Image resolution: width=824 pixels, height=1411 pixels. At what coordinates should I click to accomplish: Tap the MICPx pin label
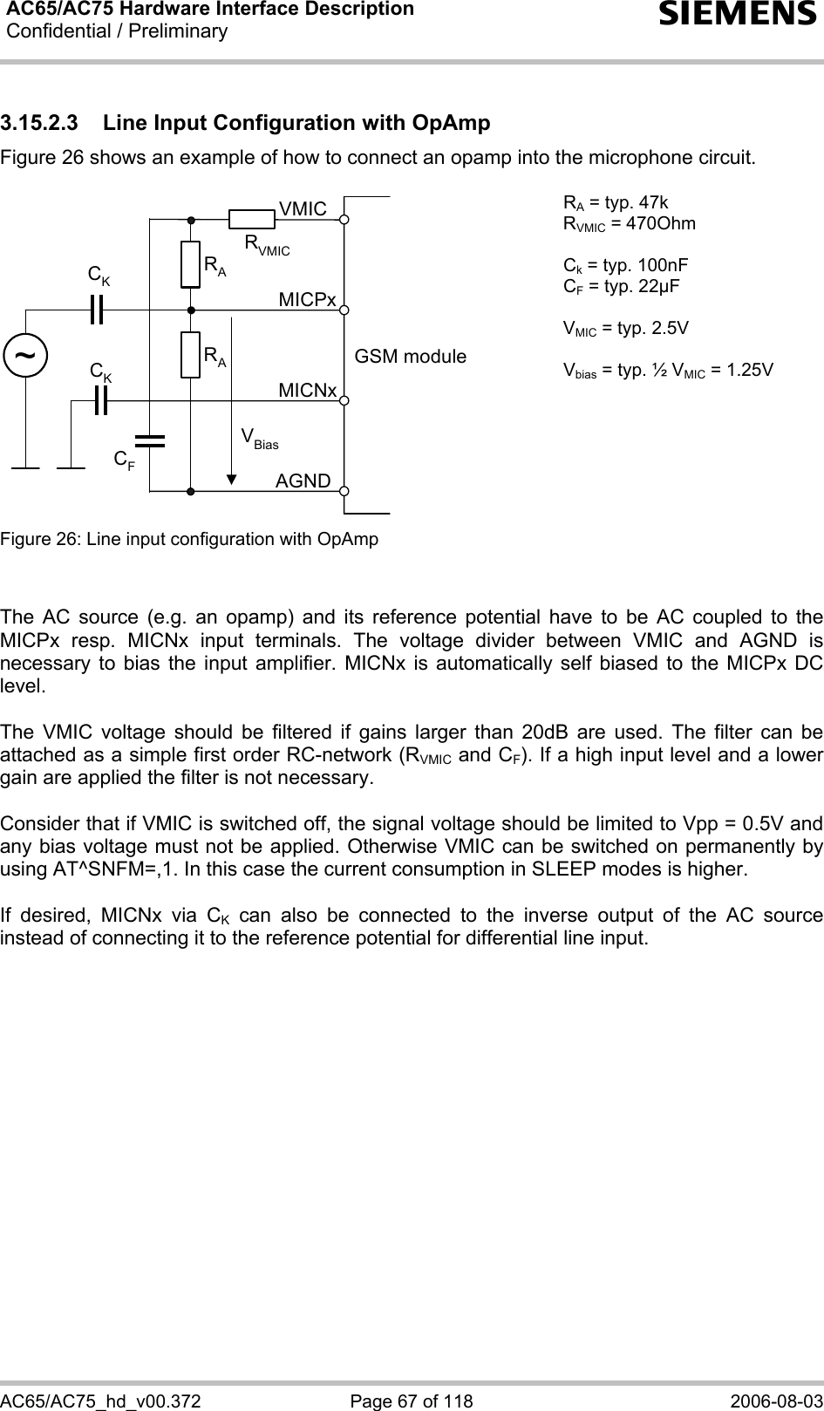point(307,300)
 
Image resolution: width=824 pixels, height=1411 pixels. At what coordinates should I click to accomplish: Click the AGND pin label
point(303,481)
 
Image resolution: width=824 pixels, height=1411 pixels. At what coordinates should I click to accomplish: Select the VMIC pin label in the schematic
point(303,209)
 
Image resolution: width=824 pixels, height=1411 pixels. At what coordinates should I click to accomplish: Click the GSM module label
point(410,357)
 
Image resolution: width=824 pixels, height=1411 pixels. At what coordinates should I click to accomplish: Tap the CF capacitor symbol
point(150,440)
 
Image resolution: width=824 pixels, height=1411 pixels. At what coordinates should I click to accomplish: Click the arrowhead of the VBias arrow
point(232,479)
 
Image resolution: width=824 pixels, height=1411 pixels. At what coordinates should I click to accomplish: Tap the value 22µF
point(654,286)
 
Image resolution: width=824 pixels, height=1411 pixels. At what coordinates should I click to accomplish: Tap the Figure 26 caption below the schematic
point(189,539)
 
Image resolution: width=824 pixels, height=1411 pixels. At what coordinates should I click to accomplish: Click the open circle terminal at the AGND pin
point(345,491)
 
